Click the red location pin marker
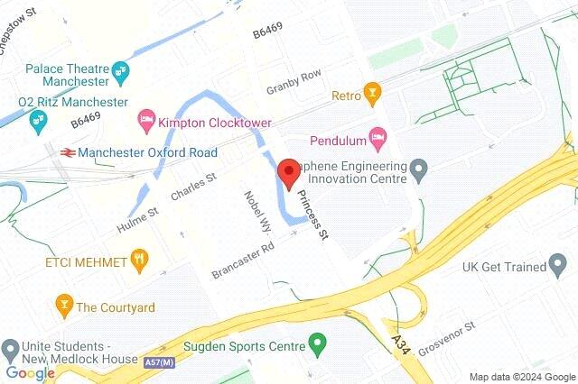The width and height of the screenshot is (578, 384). (288, 173)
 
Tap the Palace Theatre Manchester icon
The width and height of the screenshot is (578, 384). (123, 70)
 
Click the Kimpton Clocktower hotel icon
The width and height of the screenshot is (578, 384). (145, 119)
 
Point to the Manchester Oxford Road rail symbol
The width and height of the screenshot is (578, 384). (66, 152)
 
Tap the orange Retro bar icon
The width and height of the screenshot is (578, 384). (371, 92)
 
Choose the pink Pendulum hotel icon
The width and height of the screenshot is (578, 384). (380, 139)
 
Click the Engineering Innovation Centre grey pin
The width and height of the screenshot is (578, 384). (418, 168)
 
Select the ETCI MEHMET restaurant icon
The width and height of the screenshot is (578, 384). (138, 261)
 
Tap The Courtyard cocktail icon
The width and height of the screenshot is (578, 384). (63, 306)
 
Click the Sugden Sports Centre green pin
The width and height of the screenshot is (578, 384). (317, 343)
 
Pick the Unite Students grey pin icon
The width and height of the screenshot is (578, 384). (11, 348)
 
